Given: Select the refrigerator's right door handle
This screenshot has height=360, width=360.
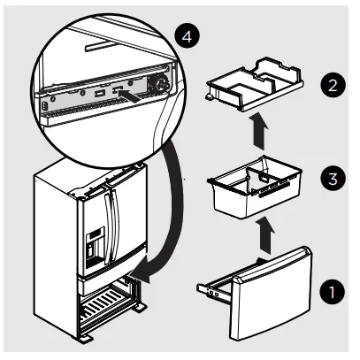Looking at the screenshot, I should tap(117, 221).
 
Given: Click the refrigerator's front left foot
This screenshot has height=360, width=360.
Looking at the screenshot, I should tap(87, 338).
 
